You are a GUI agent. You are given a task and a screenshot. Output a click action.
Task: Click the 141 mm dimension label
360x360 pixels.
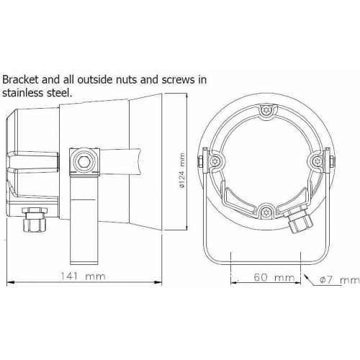point(83,276)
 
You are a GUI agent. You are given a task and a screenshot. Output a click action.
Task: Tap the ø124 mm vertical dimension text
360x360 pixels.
point(182,171)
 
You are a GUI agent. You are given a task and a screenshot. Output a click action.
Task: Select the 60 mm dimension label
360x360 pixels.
point(274,277)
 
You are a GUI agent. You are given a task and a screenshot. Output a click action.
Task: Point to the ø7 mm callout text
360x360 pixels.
point(340,280)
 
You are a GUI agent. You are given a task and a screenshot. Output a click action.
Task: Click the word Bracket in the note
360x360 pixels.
point(20,79)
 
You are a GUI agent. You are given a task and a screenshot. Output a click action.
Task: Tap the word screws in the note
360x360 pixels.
point(179,80)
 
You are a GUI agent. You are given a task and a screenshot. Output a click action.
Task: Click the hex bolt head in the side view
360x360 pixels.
point(84,161)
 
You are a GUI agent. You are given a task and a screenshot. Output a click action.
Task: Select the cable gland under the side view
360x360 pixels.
point(35,220)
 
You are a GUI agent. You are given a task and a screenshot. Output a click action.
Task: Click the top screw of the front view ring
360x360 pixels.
point(266,111)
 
